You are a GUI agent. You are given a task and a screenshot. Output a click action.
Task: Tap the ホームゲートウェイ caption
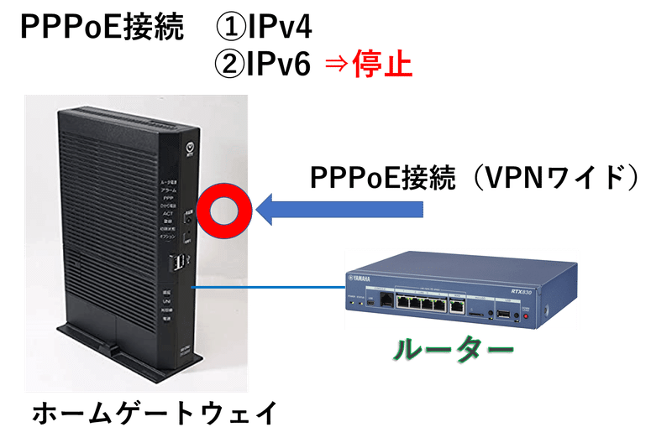click(152, 413)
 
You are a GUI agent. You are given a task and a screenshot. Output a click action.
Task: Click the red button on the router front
click(527, 316)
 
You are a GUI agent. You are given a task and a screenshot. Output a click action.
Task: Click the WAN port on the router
click(458, 307)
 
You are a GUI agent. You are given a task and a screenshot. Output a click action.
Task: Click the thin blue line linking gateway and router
click(269, 288)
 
